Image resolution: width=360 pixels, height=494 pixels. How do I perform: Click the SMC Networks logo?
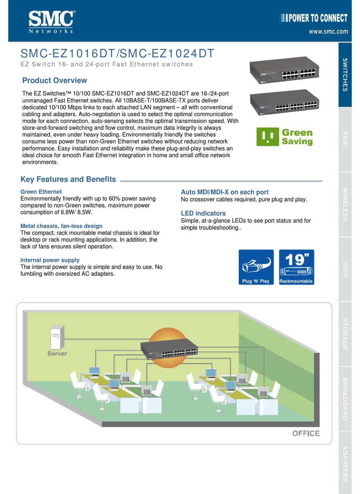click(x=52, y=22)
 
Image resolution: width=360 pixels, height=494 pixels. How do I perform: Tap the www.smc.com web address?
click(x=328, y=32)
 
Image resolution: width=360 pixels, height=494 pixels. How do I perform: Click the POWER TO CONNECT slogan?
click(x=313, y=18)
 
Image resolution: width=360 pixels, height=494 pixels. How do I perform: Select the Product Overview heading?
click(x=55, y=80)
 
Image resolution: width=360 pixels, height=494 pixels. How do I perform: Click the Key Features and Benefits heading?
click(x=68, y=179)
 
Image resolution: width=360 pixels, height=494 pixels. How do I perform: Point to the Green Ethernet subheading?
click(x=41, y=192)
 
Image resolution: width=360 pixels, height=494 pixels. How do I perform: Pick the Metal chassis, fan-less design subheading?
click(x=61, y=226)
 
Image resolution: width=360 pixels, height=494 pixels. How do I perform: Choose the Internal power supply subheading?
click(x=50, y=260)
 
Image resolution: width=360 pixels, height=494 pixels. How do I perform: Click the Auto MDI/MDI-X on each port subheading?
click(x=224, y=192)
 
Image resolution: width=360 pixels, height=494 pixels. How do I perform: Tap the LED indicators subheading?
click(x=203, y=213)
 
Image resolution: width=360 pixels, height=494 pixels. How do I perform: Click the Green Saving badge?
click(x=285, y=137)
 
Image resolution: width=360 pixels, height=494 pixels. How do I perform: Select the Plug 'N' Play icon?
click(x=256, y=267)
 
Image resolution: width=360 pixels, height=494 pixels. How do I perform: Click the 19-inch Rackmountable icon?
click(x=296, y=267)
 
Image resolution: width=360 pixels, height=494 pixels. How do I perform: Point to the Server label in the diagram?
click(x=57, y=353)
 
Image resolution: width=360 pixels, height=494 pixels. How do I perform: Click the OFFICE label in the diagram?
click(x=305, y=433)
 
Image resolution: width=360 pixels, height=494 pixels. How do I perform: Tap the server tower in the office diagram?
click(x=55, y=338)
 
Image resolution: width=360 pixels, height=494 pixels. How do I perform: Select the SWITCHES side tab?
click(x=345, y=75)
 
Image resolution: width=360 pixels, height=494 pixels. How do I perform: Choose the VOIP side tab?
click(x=345, y=269)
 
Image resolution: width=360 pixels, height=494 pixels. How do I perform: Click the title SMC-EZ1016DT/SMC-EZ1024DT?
click(x=117, y=53)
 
